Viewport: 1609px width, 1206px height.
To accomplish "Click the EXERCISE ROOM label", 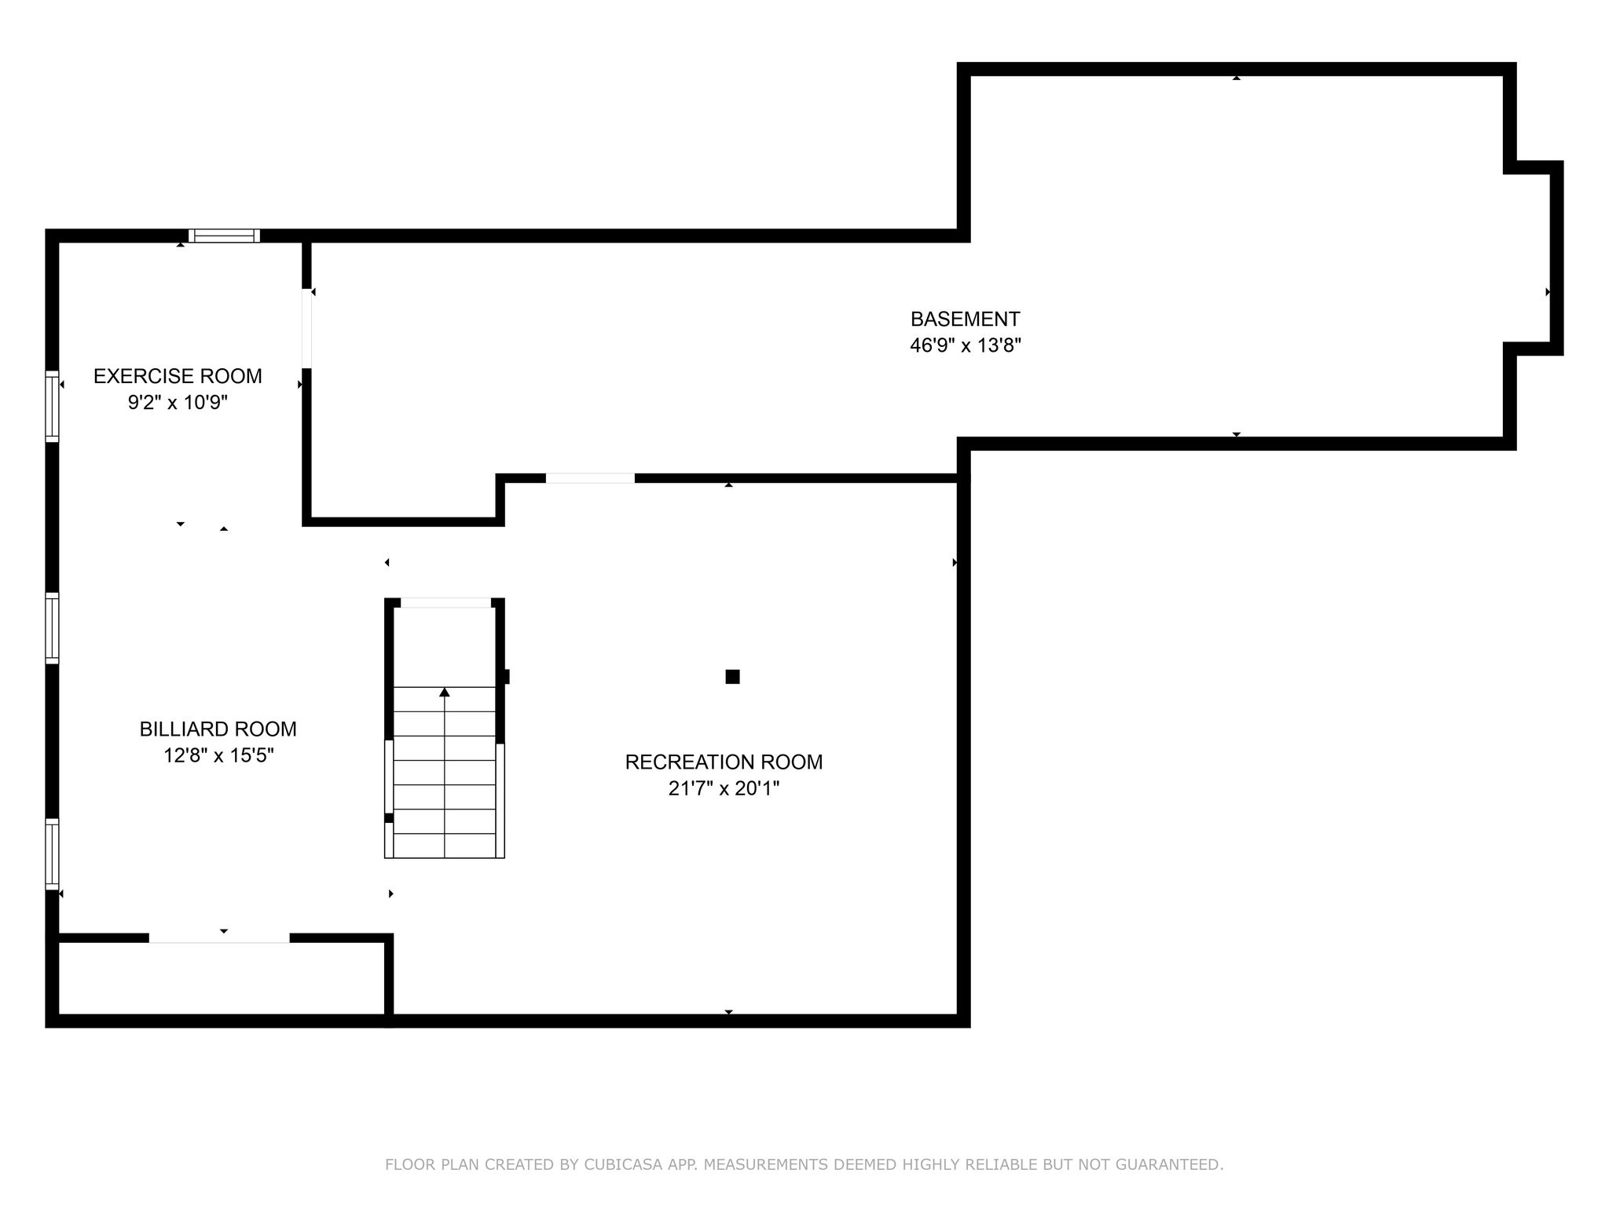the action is coord(178,376).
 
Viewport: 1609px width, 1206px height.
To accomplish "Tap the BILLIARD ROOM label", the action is coord(218,729).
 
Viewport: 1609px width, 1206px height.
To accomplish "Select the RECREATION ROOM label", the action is coord(724,762).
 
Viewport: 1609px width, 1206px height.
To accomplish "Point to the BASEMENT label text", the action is coord(965,320).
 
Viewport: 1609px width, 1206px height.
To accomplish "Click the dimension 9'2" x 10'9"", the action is coord(178,403).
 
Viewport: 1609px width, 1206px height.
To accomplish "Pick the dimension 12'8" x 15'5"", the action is coord(218,756).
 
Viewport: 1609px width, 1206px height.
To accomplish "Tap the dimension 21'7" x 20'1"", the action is coord(724,788).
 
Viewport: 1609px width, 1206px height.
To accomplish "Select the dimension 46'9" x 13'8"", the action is coord(965,345).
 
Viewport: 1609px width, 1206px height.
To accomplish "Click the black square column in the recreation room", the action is coord(732,677).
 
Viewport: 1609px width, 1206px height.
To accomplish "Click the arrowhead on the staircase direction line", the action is coord(445,692).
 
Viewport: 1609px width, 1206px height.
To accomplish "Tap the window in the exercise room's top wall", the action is coord(224,236).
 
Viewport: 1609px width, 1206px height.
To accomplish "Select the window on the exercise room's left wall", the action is coord(52,406).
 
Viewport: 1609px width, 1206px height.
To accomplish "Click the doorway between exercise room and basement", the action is coord(306,328).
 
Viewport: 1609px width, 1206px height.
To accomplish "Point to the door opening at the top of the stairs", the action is coord(445,603).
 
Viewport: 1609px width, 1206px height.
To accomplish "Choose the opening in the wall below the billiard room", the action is coord(219,937).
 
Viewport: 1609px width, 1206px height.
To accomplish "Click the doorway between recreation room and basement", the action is coord(590,478).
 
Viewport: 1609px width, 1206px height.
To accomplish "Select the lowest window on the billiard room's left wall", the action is coord(52,854).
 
